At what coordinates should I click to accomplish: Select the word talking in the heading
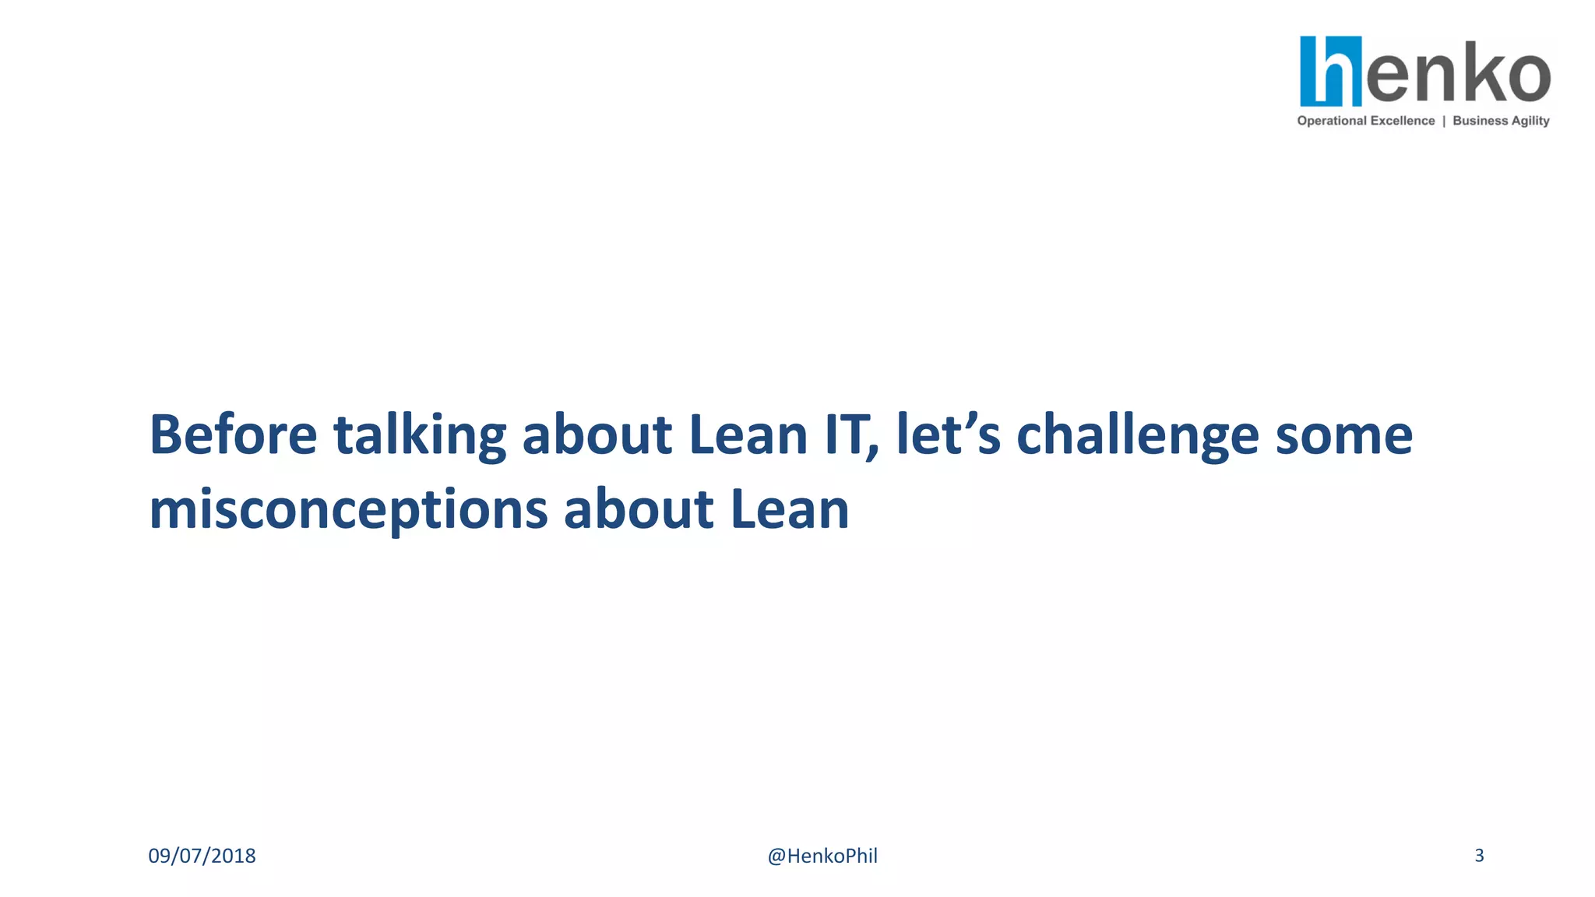pyautogui.click(x=420, y=436)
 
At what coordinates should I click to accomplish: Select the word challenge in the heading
pyautogui.click(x=1138, y=436)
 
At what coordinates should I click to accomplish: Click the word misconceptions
pyautogui.click(x=348, y=511)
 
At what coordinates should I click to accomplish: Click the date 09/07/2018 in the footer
pyautogui.click(x=202, y=856)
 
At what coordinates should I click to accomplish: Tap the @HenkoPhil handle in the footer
pyautogui.click(x=822, y=856)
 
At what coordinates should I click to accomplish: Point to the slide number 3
pyautogui.click(x=1479, y=855)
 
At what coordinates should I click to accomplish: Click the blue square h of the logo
pyautogui.click(x=1330, y=71)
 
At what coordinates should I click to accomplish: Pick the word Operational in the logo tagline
pyautogui.click(x=1332, y=121)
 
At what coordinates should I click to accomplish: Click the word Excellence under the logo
pyautogui.click(x=1403, y=121)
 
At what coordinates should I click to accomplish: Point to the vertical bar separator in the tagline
pyautogui.click(x=1444, y=121)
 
